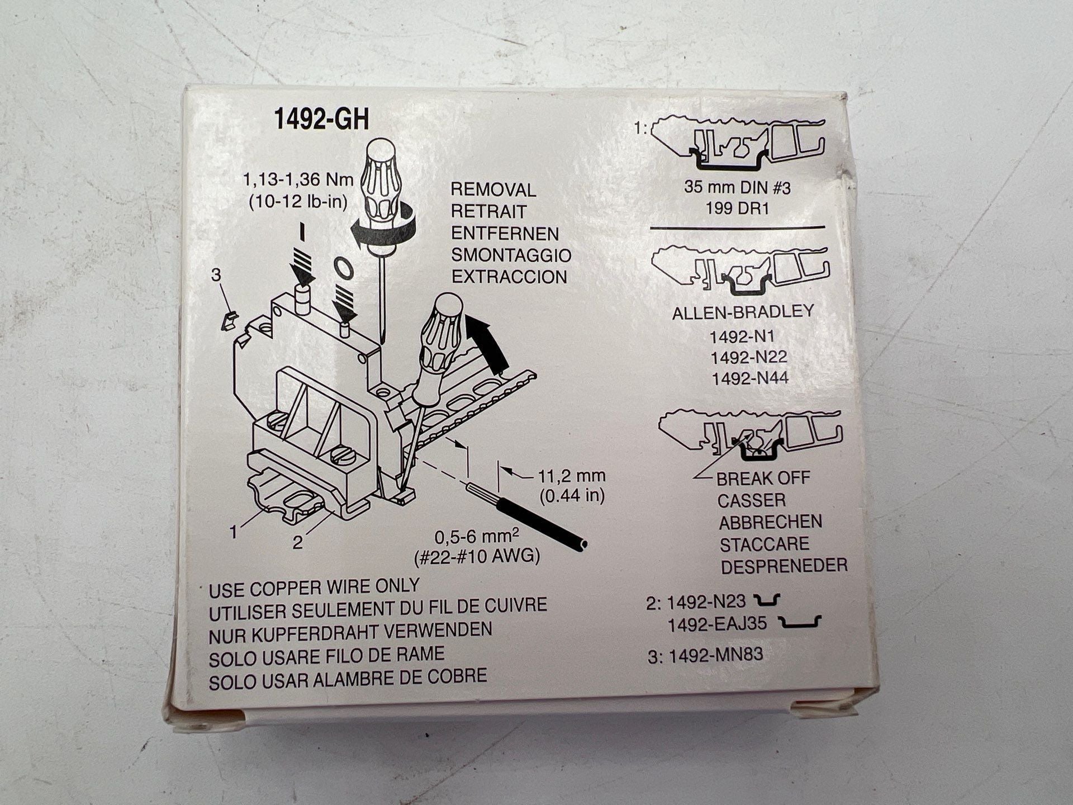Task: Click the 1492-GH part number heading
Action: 321,120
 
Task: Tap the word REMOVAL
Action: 493,190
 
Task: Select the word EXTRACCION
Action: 509,277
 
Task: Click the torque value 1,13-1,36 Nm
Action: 298,180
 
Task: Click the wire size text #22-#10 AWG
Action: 477,557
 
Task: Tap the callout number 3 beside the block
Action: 216,275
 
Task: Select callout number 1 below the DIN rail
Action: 234,532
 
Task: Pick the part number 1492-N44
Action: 749,378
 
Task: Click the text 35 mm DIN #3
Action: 737,188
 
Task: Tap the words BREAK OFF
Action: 762,479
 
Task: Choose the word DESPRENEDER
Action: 784,566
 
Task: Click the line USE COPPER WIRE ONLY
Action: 314,588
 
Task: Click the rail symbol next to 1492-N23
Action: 767,601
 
